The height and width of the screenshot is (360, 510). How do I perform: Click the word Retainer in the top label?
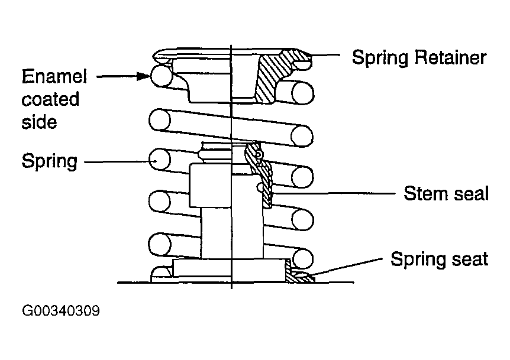(x=450, y=57)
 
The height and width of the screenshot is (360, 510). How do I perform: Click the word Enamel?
(x=54, y=77)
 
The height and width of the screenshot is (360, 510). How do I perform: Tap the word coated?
(x=50, y=99)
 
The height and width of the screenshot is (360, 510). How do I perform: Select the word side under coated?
(x=40, y=122)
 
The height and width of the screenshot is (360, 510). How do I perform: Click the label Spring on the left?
(x=50, y=161)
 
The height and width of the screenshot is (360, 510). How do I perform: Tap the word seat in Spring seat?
(x=470, y=260)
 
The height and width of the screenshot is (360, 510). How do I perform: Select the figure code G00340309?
(x=61, y=310)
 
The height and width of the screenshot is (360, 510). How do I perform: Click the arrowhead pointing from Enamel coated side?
(x=144, y=76)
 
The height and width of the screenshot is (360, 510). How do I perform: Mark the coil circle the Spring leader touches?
(x=159, y=160)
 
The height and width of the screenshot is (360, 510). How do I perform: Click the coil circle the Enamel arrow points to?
(x=162, y=76)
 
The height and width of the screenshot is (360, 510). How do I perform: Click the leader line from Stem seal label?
(x=334, y=193)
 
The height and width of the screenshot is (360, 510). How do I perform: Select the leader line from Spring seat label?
(x=346, y=267)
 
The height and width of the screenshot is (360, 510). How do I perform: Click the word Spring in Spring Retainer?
(x=380, y=58)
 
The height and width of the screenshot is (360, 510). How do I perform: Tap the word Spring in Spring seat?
(x=419, y=260)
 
